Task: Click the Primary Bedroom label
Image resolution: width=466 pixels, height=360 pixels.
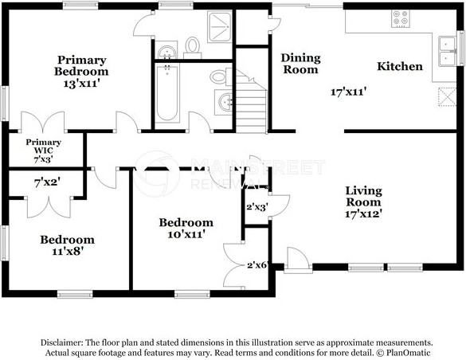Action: (x=82, y=65)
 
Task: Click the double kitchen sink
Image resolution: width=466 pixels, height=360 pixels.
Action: (x=448, y=49)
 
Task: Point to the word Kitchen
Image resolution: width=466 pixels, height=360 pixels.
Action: (x=400, y=66)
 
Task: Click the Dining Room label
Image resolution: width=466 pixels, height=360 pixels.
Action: (x=300, y=64)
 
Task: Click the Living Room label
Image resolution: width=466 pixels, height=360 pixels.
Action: (x=363, y=196)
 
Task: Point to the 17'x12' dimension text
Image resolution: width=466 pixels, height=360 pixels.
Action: (x=363, y=213)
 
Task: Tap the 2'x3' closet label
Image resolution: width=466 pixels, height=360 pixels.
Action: (x=256, y=206)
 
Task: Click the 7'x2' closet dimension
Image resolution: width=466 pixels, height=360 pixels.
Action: (x=47, y=182)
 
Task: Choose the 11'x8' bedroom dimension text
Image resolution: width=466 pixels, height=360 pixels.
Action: (x=68, y=251)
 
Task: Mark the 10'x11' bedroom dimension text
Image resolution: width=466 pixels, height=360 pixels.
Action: (x=186, y=235)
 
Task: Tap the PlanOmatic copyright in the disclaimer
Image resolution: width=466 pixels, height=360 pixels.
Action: (x=404, y=350)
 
